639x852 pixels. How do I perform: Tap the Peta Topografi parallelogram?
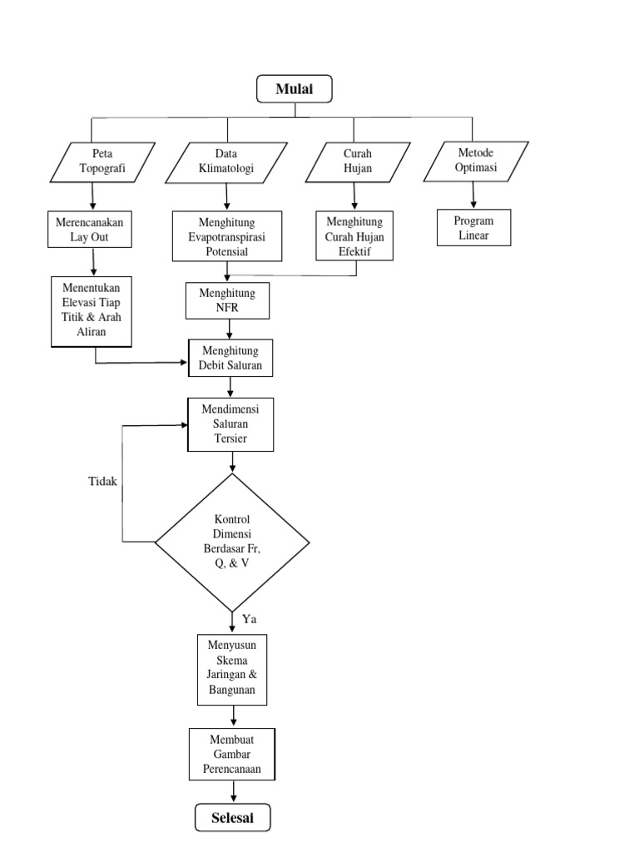101,161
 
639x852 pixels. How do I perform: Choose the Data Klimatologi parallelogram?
226,161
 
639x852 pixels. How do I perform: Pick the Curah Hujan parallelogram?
357,161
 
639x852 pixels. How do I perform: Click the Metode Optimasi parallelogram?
475,161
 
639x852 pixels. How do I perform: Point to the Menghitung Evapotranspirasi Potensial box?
227,236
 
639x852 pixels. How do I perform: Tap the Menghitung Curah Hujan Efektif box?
354,236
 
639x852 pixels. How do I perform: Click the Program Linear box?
473,227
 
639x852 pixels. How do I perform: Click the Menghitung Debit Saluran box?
230,359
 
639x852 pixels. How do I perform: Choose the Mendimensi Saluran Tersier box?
231,424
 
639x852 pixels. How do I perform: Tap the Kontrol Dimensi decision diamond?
232,542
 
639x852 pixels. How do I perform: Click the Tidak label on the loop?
103,482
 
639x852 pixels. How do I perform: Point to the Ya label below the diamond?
250,619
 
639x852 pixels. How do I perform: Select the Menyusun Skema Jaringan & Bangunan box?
232,670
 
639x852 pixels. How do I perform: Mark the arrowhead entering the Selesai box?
232,800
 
